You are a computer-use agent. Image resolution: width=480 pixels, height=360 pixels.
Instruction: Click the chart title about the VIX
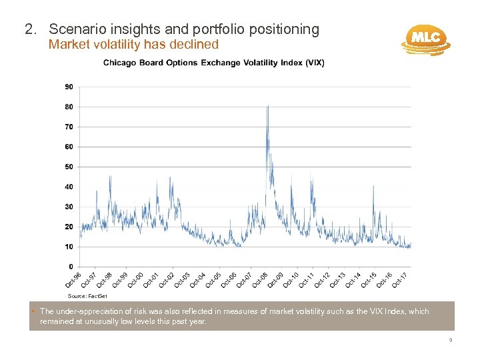[x=213, y=63]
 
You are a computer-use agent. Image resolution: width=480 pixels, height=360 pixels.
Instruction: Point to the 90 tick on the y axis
[x=69, y=87]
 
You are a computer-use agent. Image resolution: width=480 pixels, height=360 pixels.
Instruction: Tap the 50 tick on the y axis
[x=69, y=167]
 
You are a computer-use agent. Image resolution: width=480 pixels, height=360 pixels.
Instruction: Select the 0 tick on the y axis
[x=71, y=267]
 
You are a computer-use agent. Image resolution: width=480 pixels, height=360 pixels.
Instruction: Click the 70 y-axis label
[x=69, y=127]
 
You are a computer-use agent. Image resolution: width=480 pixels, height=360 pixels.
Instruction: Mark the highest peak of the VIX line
[x=267, y=106]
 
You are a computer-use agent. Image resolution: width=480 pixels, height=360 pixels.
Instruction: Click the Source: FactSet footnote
[x=83, y=295]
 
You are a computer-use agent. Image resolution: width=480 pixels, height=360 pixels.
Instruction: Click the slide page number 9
[x=451, y=340]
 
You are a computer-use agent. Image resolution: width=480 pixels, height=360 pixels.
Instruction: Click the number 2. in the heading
[x=30, y=29]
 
